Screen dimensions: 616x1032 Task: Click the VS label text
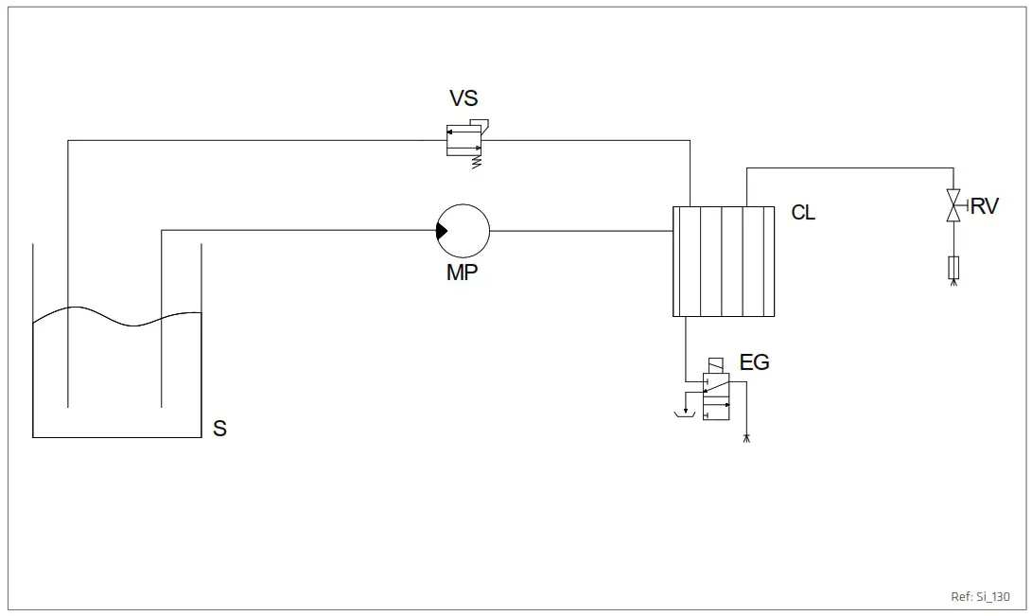tap(464, 98)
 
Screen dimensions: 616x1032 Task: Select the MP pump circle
tap(464, 230)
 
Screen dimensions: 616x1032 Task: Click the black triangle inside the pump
tap(441, 230)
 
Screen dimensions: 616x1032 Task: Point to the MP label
tap(462, 273)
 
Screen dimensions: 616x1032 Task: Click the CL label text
tap(803, 213)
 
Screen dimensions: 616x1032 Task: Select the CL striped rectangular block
tap(724, 261)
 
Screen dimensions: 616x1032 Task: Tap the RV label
tap(984, 206)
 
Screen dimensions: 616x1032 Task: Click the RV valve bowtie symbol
tap(953, 207)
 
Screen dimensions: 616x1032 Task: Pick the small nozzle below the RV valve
tap(953, 269)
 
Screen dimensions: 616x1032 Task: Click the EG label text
tap(754, 361)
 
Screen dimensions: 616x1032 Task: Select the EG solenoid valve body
tap(715, 396)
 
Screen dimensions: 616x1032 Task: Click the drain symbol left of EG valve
tap(680, 414)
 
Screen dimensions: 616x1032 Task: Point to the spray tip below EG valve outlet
tap(747, 438)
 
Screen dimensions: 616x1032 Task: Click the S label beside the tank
tap(219, 429)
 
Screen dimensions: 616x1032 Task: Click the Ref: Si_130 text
tap(980, 597)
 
